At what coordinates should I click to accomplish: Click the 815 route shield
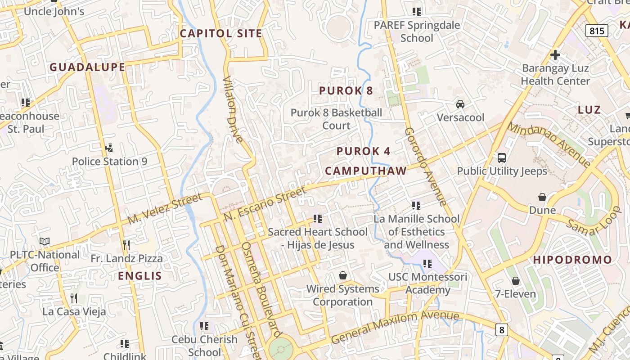(597, 31)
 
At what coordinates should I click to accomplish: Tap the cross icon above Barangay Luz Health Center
(555, 55)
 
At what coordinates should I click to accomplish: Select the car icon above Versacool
(460, 104)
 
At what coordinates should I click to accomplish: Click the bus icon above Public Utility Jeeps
(502, 158)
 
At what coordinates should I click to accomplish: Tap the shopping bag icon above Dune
(542, 197)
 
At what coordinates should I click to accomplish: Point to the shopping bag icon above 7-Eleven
(516, 281)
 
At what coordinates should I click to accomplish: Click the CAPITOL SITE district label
(221, 33)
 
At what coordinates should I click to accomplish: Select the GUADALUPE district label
(87, 67)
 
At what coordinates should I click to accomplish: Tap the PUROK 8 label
(346, 90)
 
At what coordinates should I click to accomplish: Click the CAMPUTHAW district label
(366, 171)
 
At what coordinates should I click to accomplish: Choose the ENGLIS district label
(140, 276)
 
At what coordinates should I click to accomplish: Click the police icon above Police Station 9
(109, 148)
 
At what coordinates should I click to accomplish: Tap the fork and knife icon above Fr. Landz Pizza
(126, 245)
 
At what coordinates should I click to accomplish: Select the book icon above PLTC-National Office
(45, 242)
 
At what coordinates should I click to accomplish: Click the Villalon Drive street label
(234, 109)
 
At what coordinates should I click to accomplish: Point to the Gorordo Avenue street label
(425, 166)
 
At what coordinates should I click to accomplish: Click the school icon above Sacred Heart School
(318, 219)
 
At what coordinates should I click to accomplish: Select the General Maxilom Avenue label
(395, 327)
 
